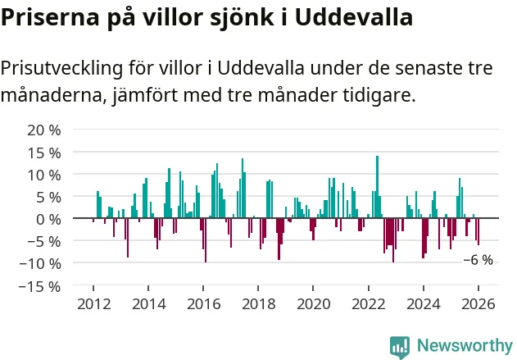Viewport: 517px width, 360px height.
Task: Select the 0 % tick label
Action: click(x=48, y=219)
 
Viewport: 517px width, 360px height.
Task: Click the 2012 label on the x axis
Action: click(x=93, y=304)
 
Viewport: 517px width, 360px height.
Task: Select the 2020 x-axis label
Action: click(x=313, y=304)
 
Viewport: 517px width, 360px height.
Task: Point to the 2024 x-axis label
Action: click(x=423, y=304)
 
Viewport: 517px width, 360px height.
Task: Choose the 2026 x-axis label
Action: click(x=478, y=304)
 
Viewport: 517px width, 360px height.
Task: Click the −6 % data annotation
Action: click(x=478, y=260)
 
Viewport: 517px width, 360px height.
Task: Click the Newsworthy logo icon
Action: click(x=400, y=346)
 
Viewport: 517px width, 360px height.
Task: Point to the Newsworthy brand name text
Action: click(x=464, y=346)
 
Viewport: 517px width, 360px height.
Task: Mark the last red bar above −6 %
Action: click(x=478, y=232)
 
